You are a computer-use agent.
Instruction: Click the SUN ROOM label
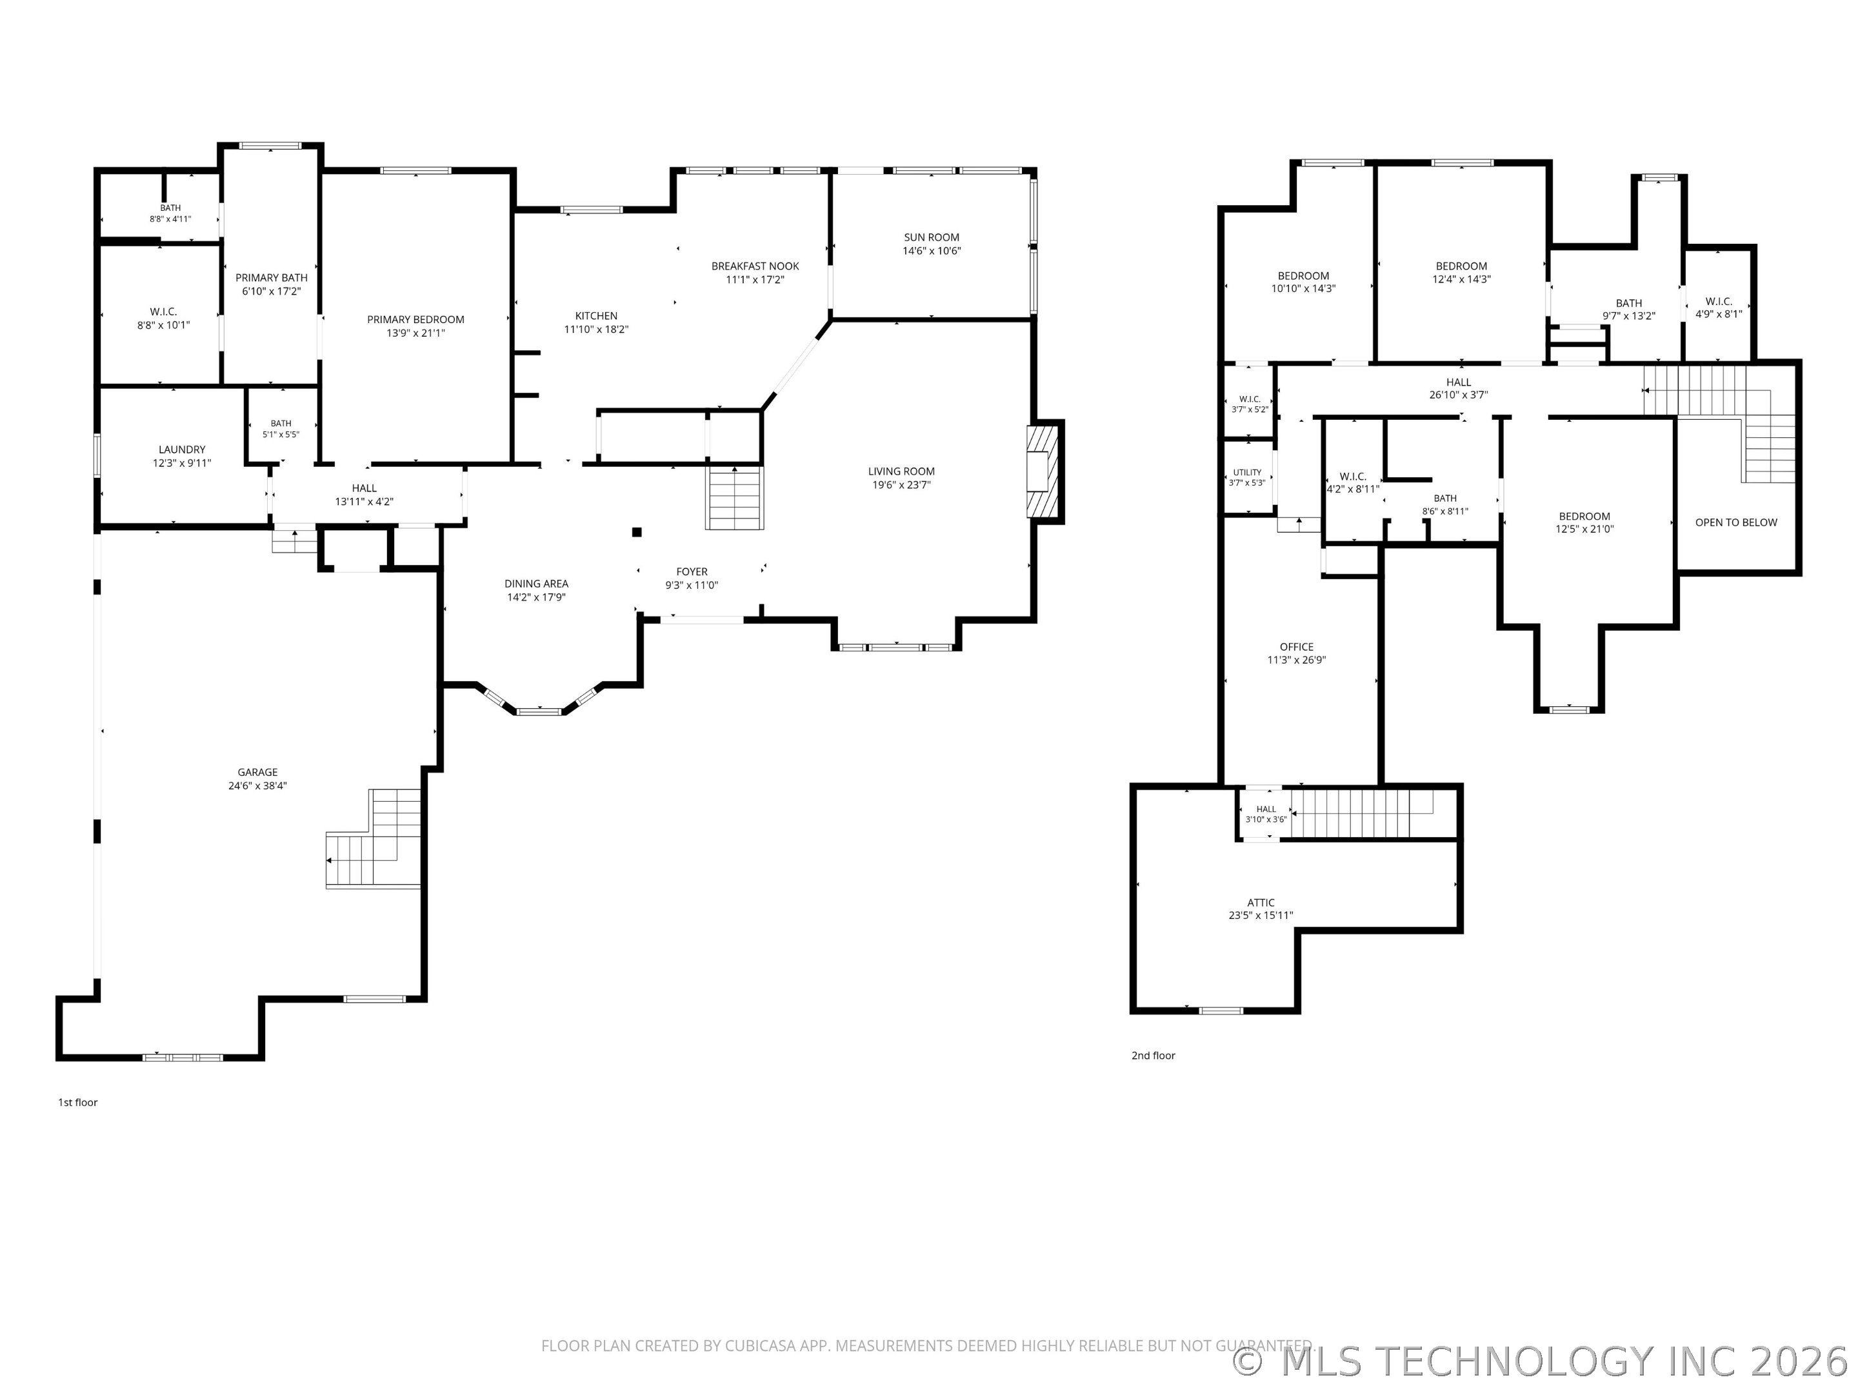pyautogui.click(x=932, y=237)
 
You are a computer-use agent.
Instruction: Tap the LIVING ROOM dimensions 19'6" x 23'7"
pyautogui.click(x=901, y=484)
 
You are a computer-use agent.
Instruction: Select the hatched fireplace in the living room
pyautogui.click(x=1041, y=471)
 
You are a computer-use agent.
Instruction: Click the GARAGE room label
pyautogui.click(x=257, y=773)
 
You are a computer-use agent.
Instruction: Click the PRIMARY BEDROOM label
pyautogui.click(x=415, y=320)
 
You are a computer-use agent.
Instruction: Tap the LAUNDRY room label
pyautogui.click(x=183, y=450)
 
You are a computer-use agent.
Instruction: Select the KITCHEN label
pyautogui.click(x=596, y=317)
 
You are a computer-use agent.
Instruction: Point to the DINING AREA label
pyautogui.click(x=537, y=584)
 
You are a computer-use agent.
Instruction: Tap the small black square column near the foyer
pyautogui.click(x=637, y=531)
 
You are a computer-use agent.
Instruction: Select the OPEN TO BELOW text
pyautogui.click(x=1736, y=522)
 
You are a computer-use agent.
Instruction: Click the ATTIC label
pyautogui.click(x=1261, y=903)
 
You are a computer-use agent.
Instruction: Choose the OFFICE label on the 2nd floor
pyautogui.click(x=1297, y=647)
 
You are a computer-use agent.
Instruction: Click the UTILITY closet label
pyautogui.click(x=1247, y=473)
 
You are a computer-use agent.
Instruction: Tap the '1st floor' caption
pyautogui.click(x=78, y=1103)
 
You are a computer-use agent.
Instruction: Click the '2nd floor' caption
pyautogui.click(x=1154, y=1056)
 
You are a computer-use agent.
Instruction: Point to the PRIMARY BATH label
pyautogui.click(x=272, y=278)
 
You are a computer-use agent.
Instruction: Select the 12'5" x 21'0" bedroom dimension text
pyautogui.click(x=1585, y=529)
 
